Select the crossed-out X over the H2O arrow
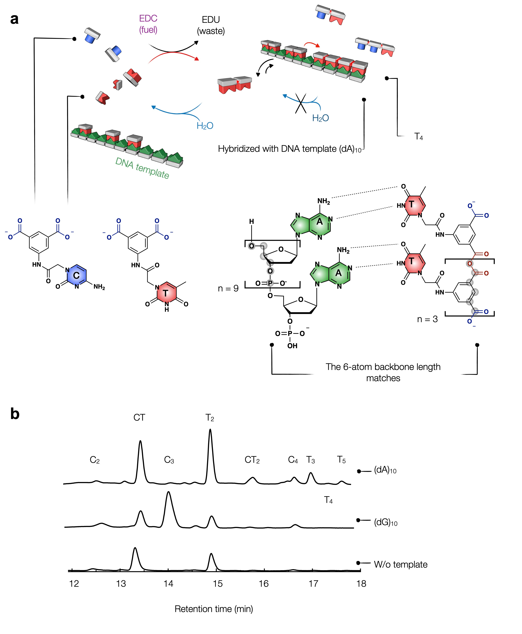[300, 103]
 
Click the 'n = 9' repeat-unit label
[228, 288]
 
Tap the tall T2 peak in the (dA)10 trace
[210, 434]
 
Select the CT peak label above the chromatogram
[139, 417]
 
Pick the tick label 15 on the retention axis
[218, 584]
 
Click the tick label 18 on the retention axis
[361, 584]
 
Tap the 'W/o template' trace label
[400, 564]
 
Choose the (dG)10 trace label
[386, 522]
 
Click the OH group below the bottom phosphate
[292, 346]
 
